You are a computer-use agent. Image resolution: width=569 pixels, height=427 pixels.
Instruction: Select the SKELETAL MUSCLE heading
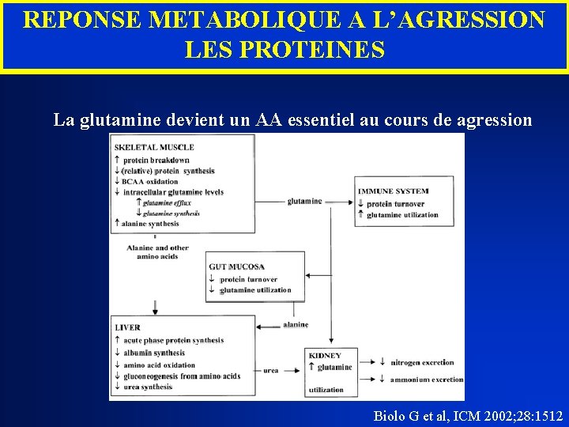(x=154, y=147)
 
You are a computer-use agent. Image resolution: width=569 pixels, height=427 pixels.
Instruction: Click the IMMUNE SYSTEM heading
(x=393, y=191)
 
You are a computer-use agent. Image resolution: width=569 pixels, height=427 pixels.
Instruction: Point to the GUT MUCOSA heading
(x=236, y=267)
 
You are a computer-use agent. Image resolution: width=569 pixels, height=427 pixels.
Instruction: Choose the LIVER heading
(x=127, y=327)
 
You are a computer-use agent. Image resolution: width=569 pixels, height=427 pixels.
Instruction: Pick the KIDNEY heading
(x=325, y=356)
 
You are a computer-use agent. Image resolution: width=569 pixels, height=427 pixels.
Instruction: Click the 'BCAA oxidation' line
(x=149, y=182)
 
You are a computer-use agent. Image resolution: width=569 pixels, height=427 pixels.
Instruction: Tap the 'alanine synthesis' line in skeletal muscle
(x=150, y=224)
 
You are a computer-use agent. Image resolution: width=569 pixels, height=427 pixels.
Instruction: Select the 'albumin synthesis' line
(x=153, y=353)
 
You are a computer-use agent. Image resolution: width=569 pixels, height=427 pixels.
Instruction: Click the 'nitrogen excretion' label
(x=422, y=362)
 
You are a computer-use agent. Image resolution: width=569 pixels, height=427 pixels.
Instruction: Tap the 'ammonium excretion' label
(x=426, y=380)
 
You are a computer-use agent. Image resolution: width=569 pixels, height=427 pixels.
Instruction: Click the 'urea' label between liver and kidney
(x=270, y=369)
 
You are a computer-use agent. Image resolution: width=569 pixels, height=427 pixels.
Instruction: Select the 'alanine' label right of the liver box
(x=296, y=324)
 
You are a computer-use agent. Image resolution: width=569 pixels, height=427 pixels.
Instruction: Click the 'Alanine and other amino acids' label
(x=157, y=251)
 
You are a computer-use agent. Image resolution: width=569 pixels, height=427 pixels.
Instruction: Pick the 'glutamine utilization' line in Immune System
(x=402, y=215)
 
